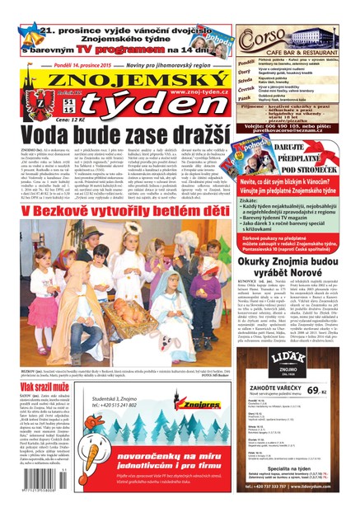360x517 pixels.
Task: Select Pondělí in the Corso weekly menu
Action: click(246, 61)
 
